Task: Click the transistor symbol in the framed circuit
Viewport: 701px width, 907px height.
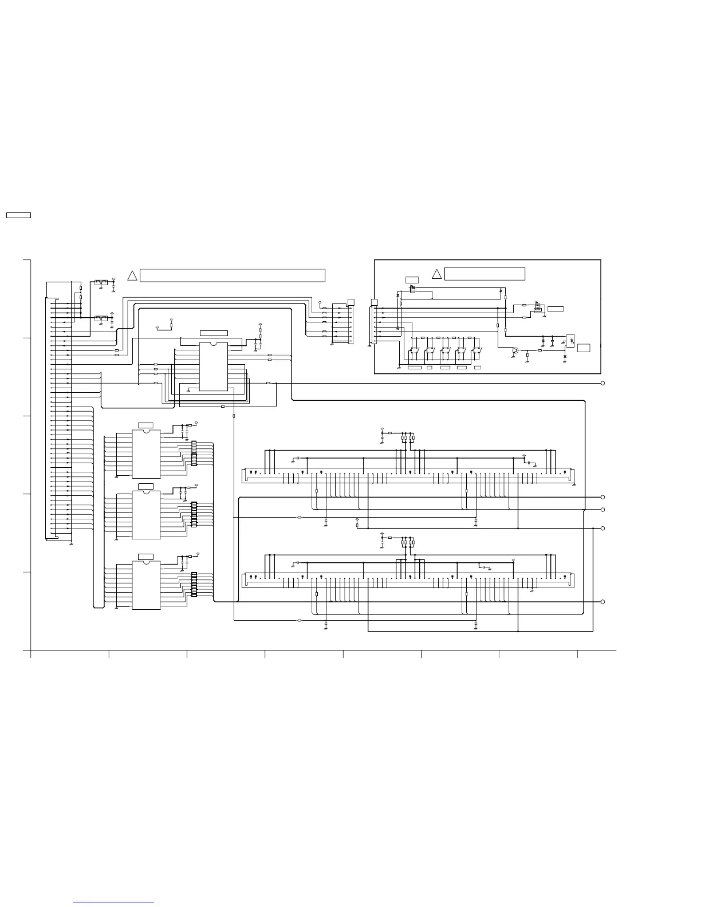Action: pos(515,350)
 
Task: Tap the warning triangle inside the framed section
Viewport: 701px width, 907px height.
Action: pos(436,274)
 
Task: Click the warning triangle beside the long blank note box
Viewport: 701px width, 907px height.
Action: pos(132,275)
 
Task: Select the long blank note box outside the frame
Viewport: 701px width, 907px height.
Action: pos(233,275)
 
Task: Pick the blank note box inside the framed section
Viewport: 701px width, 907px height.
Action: pos(485,274)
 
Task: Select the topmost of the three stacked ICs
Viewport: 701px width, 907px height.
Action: pos(146,453)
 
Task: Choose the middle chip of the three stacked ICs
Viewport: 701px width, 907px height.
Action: pos(146,515)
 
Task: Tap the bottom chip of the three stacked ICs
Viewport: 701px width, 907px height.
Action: pos(146,585)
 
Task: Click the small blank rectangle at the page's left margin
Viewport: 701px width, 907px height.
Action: pos(18,215)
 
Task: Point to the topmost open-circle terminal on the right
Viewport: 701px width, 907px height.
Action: pos(603,383)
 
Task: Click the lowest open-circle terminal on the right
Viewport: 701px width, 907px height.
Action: pos(603,602)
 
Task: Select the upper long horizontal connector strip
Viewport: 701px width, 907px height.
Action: pos(408,475)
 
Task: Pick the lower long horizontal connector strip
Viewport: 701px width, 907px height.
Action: pos(408,579)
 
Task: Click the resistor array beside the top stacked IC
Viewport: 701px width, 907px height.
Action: pos(194,453)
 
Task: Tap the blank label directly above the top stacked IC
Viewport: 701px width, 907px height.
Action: pos(146,424)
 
